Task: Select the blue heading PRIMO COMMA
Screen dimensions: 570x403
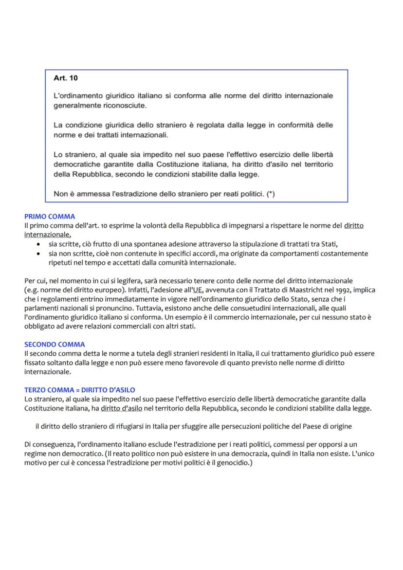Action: click(50, 217)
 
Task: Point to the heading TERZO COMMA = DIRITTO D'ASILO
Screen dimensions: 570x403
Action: click(80, 390)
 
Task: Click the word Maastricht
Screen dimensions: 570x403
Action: click(279, 290)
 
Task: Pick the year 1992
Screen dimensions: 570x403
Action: click(332, 290)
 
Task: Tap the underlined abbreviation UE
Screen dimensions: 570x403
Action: click(198, 290)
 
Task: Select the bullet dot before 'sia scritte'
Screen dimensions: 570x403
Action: click(39, 244)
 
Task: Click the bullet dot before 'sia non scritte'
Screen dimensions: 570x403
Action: click(39, 254)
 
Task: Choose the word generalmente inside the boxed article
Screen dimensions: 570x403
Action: click(75, 105)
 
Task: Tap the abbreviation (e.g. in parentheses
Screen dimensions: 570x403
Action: click(32, 290)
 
